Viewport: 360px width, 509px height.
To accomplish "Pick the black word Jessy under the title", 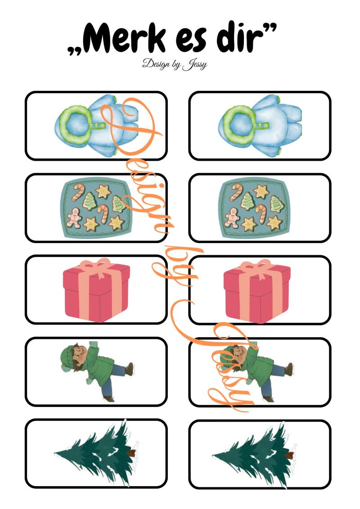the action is (x=194, y=64).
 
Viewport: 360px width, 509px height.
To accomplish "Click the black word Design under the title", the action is (x=156, y=63).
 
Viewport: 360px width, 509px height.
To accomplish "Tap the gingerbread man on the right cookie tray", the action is (x=232, y=217).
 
